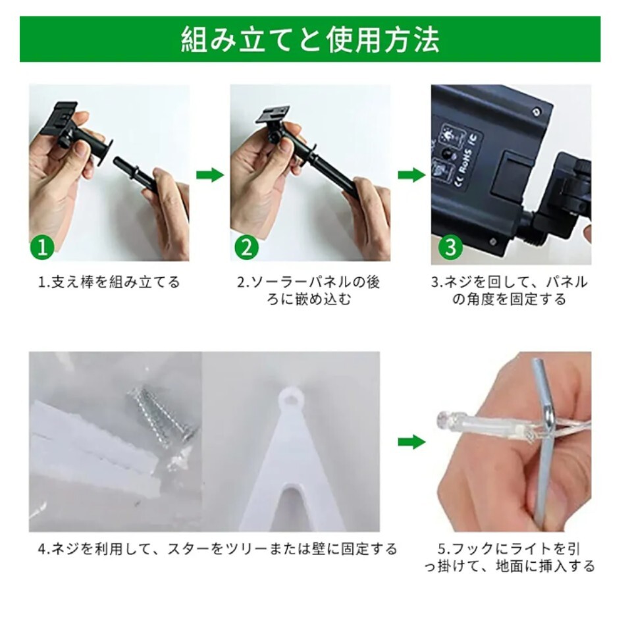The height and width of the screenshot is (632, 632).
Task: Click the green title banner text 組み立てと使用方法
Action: tap(310, 39)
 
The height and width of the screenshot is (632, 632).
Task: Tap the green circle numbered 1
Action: tap(42, 247)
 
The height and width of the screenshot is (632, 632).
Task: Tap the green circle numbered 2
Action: tap(246, 247)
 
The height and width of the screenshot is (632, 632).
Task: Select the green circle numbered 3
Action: tap(450, 247)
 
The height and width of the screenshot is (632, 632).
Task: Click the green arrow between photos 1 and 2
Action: tap(209, 175)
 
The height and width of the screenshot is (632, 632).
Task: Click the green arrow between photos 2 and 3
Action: tap(411, 175)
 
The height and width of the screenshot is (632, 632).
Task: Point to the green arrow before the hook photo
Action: tap(411, 442)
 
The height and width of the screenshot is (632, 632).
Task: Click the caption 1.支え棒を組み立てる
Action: tap(109, 282)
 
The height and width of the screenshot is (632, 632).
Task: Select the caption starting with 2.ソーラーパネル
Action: tap(309, 290)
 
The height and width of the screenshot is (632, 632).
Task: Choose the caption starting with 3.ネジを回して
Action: tap(510, 290)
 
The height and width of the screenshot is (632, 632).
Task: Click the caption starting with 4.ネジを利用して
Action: tap(218, 549)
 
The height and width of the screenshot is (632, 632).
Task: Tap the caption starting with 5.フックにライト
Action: tap(510, 558)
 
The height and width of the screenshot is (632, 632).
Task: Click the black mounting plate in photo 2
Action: tap(273, 114)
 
